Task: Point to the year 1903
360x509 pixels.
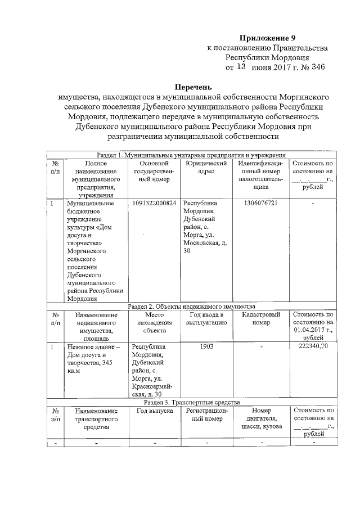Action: [x=206, y=348]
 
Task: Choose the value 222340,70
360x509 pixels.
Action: [x=313, y=348]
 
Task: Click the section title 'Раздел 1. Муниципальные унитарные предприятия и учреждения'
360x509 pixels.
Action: [x=192, y=155]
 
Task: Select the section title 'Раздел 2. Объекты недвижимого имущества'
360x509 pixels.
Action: [x=192, y=307]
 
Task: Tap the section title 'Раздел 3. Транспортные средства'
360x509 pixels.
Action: [x=192, y=403]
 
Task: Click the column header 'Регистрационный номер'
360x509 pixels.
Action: [x=206, y=415]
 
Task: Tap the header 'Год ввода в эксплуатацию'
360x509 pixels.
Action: [x=206, y=319]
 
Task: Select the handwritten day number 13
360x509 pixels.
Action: [x=241, y=67]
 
